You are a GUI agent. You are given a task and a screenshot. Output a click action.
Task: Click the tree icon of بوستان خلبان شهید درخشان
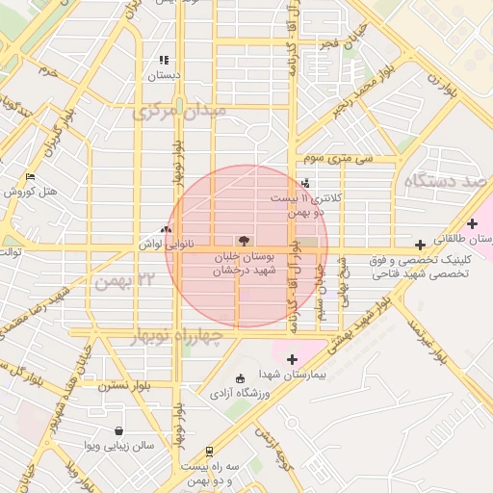click(243, 241)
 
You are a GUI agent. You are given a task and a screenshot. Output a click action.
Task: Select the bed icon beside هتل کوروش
click(30, 178)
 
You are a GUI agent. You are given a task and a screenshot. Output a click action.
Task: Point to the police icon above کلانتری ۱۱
click(305, 182)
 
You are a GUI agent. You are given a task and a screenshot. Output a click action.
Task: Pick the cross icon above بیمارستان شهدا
click(293, 359)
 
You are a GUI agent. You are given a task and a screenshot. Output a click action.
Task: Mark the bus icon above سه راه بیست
click(211, 452)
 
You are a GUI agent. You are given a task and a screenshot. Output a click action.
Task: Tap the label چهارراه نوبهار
click(174, 337)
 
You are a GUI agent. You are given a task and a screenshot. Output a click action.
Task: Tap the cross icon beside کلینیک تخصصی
click(420, 245)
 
